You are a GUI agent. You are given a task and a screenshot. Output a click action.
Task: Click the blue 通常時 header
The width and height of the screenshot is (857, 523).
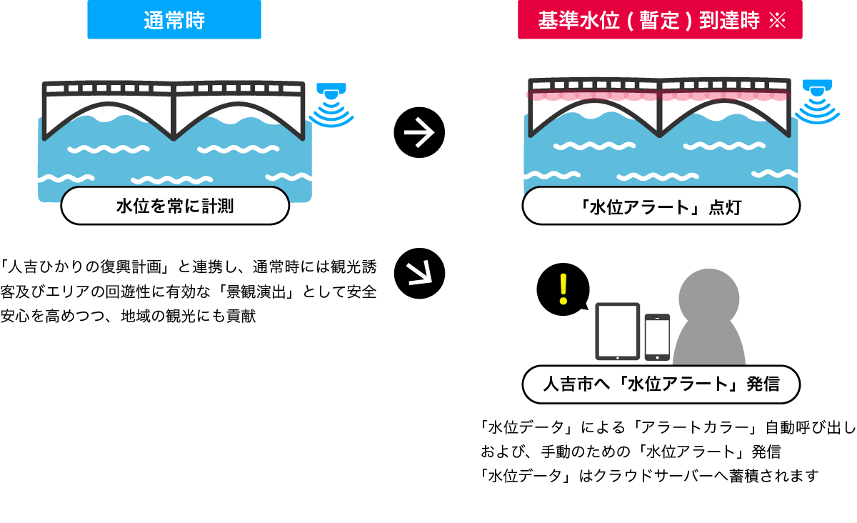click(174, 20)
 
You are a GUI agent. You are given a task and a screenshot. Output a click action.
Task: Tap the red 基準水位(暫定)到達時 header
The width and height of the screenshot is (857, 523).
click(660, 20)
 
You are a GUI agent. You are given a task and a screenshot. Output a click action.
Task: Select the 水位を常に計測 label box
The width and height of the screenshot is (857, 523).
click(175, 206)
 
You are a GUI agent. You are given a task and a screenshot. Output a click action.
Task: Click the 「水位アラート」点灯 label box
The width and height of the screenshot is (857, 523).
click(661, 207)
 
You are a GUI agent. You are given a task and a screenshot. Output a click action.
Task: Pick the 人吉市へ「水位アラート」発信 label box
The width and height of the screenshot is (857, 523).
click(661, 384)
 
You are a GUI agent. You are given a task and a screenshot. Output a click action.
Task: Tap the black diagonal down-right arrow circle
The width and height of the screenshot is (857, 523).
click(419, 272)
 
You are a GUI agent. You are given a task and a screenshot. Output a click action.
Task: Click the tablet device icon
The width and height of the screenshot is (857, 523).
click(617, 332)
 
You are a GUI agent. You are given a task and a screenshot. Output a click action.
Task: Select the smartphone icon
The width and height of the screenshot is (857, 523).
click(657, 337)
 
